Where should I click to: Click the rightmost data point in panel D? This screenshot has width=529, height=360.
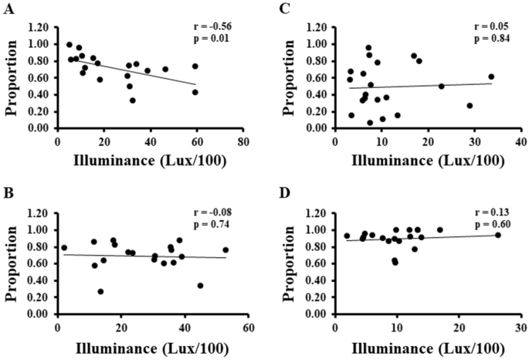498,235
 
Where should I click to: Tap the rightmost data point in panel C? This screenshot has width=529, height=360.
491,76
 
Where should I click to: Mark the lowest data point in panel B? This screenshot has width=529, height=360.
100,291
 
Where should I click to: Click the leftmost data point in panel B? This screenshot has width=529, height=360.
64,248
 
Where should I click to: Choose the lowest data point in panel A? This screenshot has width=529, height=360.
132,100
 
